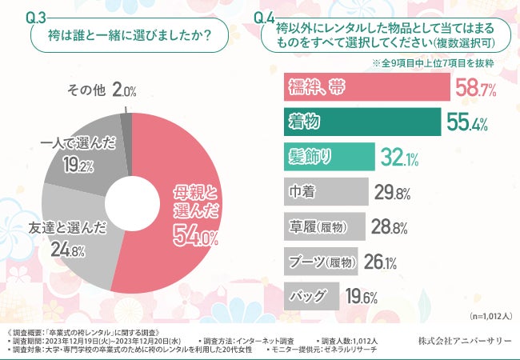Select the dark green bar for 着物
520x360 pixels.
coord(361,122)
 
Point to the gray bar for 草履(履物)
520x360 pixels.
coord(325,226)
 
